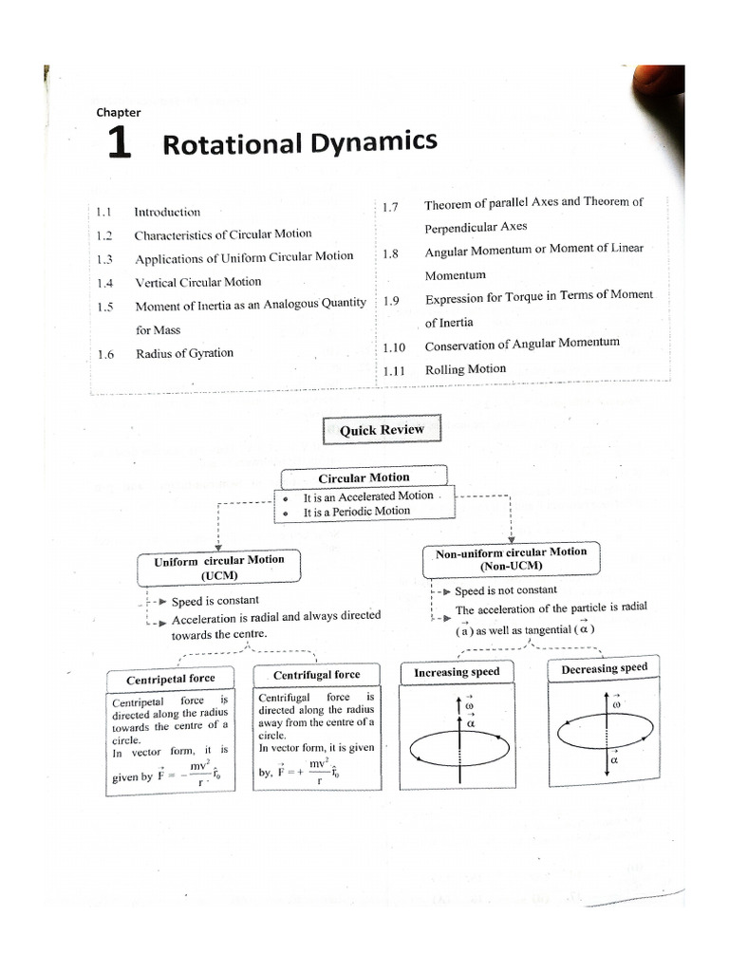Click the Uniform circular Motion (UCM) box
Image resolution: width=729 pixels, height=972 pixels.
tap(219, 567)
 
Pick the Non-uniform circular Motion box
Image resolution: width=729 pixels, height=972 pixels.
tap(511, 558)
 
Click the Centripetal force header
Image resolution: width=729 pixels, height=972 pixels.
tap(171, 679)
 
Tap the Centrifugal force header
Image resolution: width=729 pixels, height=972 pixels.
tap(317, 675)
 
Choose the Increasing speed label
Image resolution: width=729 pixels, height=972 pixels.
tap(457, 672)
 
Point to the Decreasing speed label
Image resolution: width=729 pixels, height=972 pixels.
tap(604, 668)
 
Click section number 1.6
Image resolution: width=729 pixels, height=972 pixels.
tap(105, 354)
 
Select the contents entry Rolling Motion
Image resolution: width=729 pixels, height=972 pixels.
tap(465, 369)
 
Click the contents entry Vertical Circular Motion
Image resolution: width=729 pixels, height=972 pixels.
tap(197, 282)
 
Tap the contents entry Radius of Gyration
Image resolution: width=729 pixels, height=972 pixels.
tap(184, 353)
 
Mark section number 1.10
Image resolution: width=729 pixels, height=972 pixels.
tap(394, 348)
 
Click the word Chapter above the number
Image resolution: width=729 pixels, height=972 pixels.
tap(119, 112)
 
